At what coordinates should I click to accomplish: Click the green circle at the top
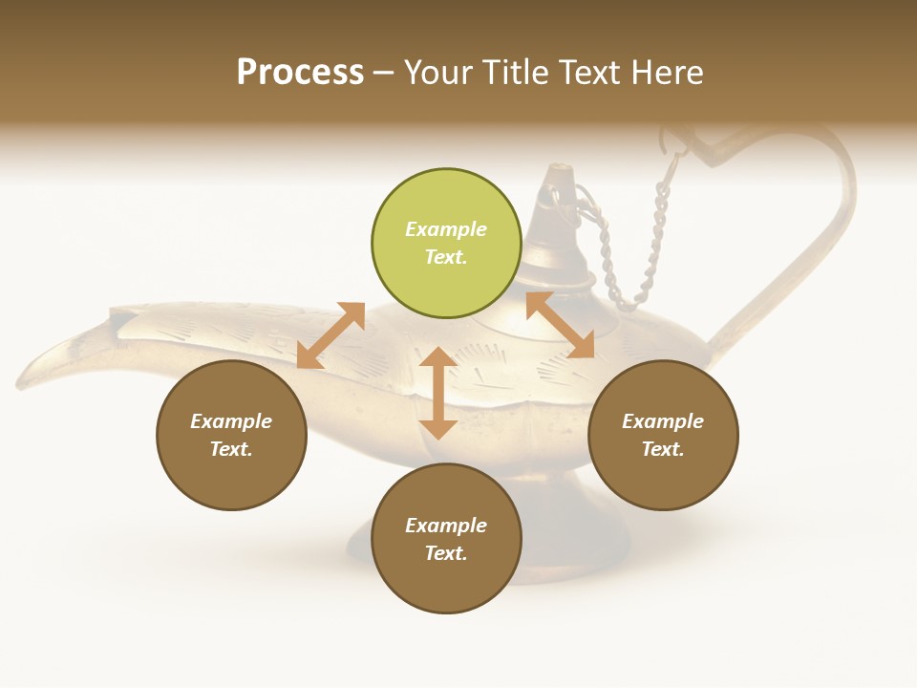(446, 244)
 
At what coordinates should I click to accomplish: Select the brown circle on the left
(231, 435)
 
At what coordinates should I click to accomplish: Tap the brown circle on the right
(663, 435)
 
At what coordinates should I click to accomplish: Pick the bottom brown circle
(446, 539)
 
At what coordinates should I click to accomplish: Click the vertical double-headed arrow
(437, 393)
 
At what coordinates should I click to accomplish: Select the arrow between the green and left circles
(331, 335)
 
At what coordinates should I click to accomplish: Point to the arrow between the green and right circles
(560, 325)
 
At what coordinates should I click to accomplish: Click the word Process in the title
(300, 72)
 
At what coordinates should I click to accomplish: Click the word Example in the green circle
(446, 229)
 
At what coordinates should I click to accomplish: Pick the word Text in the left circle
(231, 449)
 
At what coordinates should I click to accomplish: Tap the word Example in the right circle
(663, 421)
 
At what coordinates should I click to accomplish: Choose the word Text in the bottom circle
(446, 553)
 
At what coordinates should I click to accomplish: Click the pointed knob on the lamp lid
(560, 177)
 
